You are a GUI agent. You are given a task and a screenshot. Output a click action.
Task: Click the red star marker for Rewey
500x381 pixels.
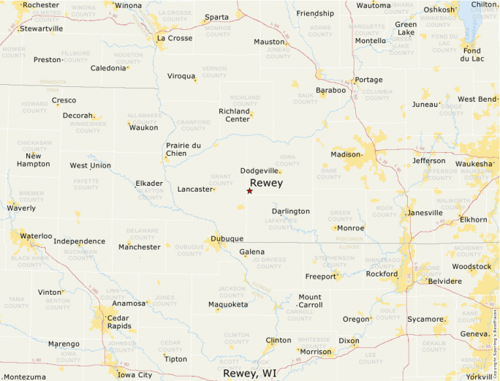click(249, 191)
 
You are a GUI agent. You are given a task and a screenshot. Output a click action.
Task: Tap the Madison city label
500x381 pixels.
click(345, 154)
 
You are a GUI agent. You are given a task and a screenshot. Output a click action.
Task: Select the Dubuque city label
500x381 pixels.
click(227, 239)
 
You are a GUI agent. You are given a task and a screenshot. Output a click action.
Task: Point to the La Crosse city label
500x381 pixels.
click(174, 38)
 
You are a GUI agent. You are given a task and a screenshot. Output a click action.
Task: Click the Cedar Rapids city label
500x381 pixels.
click(117, 322)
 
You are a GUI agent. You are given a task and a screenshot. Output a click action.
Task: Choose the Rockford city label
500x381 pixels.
click(382, 274)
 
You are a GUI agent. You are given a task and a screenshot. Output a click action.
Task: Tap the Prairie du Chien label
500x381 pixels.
click(183, 149)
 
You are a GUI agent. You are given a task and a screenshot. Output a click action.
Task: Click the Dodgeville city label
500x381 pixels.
click(260, 170)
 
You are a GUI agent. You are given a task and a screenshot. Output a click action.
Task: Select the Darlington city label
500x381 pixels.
click(290, 211)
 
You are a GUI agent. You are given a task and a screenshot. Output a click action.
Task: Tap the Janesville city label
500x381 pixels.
click(425, 213)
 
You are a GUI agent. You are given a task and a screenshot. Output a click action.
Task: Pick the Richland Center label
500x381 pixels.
click(234, 115)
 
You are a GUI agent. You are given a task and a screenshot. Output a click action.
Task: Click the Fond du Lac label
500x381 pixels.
click(472, 54)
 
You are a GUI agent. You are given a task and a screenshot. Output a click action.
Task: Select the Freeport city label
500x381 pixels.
click(319, 276)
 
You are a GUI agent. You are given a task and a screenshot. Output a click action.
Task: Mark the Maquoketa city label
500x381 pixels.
click(228, 304)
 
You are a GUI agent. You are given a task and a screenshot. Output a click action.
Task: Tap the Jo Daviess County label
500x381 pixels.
click(269, 263)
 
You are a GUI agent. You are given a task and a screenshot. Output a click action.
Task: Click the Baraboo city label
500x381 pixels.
click(330, 91)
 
